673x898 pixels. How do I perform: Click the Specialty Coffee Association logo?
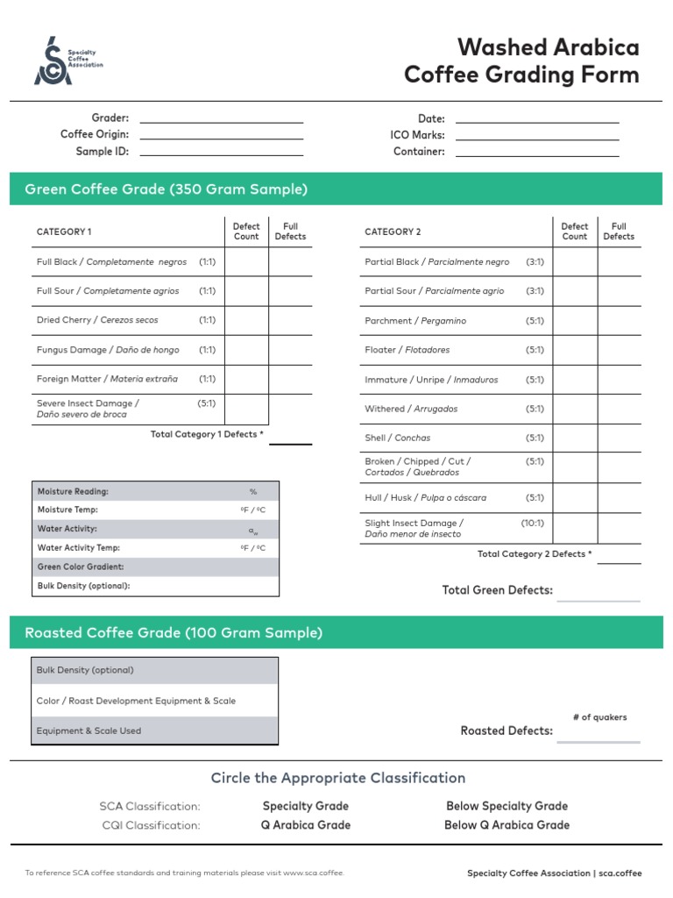pyautogui.click(x=68, y=61)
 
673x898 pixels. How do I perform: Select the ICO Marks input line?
pyautogui.click(x=536, y=136)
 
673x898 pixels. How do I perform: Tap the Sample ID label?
pyautogui.click(x=103, y=152)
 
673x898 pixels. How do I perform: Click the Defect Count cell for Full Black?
pyautogui.click(x=246, y=262)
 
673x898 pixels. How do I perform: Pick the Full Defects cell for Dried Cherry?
pyautogui.click(x=290, y=321)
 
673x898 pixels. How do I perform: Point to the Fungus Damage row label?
pyautogui.click(x=108, y=350)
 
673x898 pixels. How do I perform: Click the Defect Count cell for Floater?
pyautogui.click(x=575, y=350)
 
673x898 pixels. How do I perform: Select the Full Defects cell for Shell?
pyautogui.click(x=619, y=438)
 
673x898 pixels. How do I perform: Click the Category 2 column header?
pyautogui.click(x=393, y=232)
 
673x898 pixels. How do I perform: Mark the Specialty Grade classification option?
pyautogui.click(x=305, y=806)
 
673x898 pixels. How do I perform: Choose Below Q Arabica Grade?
pyautogui.click(x=507, y=825)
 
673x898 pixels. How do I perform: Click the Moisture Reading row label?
pyautogui.click(x=73, y=492)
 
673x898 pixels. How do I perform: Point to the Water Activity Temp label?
pyautogui.click(x=79, y=548)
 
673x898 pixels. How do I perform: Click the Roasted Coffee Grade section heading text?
pyautogui.click(x=174, y=633)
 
